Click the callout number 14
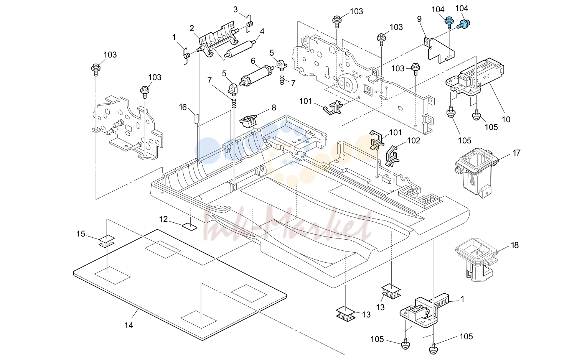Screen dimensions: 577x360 click(x=129, y=325)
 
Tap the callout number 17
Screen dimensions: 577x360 click(x=516, y=153)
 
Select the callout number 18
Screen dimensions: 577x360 click(x=515, y=245)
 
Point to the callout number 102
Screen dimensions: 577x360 click(x=414, y=140)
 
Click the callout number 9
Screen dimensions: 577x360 click(x=419, y=19)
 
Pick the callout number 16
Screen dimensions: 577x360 click(x=183, y=107)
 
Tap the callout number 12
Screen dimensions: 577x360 click(x=163, y=219)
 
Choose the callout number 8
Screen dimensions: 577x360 click(x=274, y=108)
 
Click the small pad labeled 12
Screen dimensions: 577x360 click(x=190, y=227)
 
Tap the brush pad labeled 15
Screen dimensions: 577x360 click(x=106, y=242)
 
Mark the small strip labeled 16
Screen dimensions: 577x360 click(x=196, y=118)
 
